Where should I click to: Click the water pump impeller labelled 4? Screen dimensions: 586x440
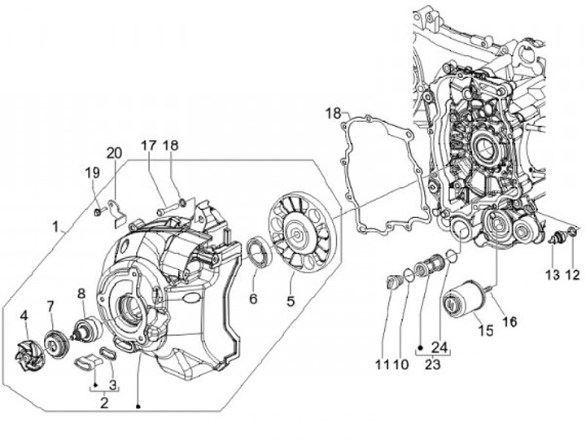coord(32,353)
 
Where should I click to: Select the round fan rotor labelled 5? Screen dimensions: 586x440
coord(303,236)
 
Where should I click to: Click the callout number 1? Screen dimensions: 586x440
coord(56,227)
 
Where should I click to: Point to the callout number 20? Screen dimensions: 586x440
coord(114,153)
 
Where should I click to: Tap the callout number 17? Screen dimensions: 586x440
coord(149,146)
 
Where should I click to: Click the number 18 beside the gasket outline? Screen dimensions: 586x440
coord(333,113)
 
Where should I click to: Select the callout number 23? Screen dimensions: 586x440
coord(432,364)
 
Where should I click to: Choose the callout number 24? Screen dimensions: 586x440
coord(439,348)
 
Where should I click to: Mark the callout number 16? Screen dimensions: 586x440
coord(509,321)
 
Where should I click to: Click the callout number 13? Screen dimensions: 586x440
coord(553,275)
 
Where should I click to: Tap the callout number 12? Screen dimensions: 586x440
coord(572,275)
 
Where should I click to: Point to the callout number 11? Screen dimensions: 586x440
coord(382,364)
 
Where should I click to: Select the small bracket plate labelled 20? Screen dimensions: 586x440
coord(117,213)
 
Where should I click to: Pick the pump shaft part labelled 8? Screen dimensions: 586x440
coord(88,328)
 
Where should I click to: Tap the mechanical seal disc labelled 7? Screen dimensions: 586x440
coord(57,343)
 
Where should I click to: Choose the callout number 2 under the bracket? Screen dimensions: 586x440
coord(104,403)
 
